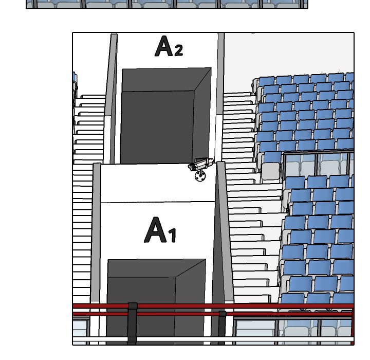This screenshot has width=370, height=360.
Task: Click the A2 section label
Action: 169,46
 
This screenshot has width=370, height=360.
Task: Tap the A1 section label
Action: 160,230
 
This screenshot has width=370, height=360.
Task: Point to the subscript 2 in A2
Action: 179,50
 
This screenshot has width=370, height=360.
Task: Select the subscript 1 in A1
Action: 173,235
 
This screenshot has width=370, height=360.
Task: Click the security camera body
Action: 200,164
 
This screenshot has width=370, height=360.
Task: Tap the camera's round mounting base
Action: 200,176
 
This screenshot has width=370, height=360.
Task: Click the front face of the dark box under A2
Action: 157,127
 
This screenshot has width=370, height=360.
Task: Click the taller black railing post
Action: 133,323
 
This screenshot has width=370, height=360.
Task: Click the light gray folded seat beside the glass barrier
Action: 270,171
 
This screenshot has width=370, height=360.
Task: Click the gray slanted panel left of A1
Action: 96,232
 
